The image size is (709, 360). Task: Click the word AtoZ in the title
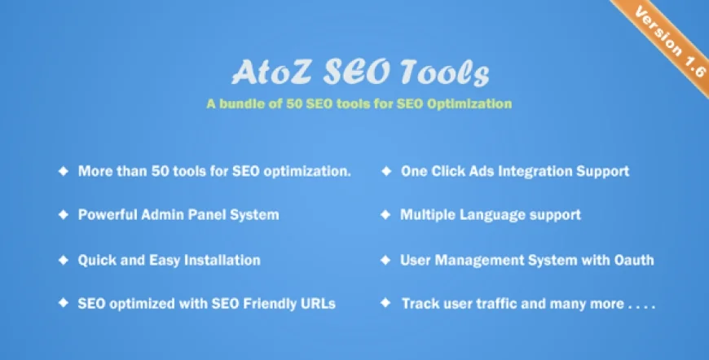pyautogui.click(x=255, y=74)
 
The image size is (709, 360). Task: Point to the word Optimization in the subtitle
pyautogui.click(x=473, y=103)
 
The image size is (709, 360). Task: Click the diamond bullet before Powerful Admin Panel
pyautogui.click(x=62, y=215)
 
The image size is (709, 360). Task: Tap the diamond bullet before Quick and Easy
pyautogui.click(x=62, y=260)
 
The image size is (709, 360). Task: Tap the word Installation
pyautogui.click(x=221, y=260)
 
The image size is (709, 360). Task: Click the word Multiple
pyautogui.click(x=428, y=215)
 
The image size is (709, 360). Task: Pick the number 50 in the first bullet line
pyautogui.click(x=163, y=171)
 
